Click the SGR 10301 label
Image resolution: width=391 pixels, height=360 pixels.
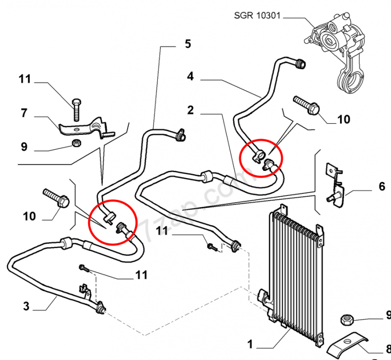pyautogui.click(x=257, y=15)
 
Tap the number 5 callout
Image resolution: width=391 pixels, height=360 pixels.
pyautogui.click(x=188, y=44)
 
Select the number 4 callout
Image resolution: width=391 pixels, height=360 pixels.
pyautogui.click(x=190, y=76)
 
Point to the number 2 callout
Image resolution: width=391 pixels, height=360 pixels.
pyautogui.click(x=190, y=110)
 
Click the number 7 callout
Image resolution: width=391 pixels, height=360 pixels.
pyautogui.click(x=24, y=113)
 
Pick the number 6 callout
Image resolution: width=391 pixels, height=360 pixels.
pyautogui.click(x=382, y=186)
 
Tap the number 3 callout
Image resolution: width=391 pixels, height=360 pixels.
pyautogui.click(x=26, y=306)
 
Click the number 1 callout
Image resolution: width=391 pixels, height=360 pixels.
pyautogui.click(x=250, y=344)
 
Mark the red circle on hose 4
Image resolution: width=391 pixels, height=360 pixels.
pyautogui.click(x=261, y=158)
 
